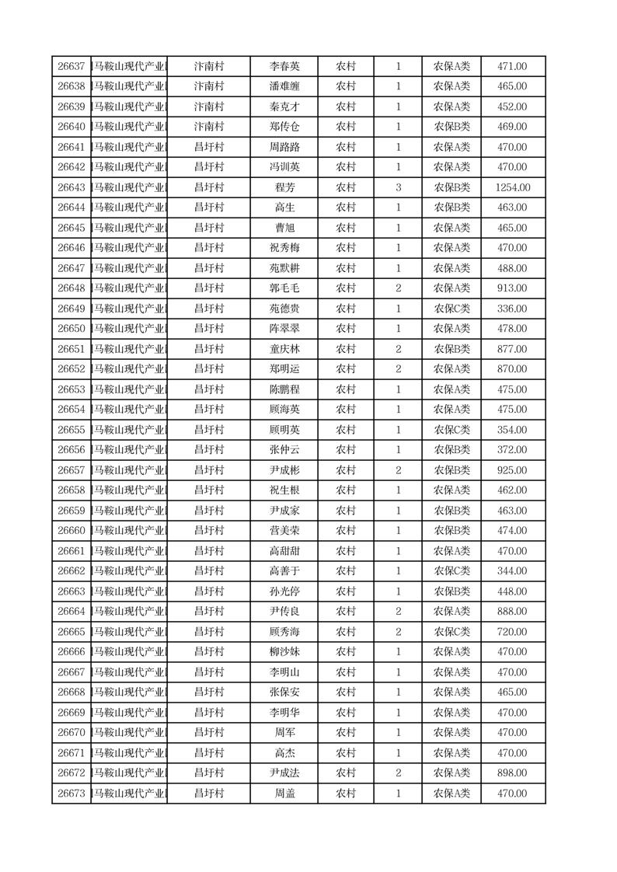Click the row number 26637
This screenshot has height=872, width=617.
tap(71, 67)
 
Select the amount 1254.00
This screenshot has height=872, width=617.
tap(512, 187)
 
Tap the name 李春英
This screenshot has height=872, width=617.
tap(284, 67)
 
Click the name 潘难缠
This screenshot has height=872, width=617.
tap(284, 86)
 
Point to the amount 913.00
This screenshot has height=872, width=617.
tap(512, 288)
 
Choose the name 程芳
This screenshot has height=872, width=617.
tap(284, 187)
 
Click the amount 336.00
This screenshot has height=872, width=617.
tap(512, 309)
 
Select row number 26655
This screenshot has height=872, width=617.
tap(71, 430)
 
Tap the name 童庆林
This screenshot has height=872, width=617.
tap(284, 349)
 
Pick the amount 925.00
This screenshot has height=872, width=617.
tap(512, 470)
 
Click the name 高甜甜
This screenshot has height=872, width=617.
tap(284, 551)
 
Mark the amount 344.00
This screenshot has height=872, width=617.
tap(512, 571)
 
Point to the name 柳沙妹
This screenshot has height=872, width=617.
tap(284, 652)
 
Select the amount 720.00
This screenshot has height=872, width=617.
tap(512, 632)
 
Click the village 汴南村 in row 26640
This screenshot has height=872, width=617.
tap(208, 127)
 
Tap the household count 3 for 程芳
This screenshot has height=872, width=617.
tap(398, 187)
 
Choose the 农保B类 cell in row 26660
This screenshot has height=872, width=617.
tap(451, 531)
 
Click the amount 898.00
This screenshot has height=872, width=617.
tap(512, 773)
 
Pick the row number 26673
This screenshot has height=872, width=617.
tap(71, 794)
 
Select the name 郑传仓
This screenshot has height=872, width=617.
tap(284, 127)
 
